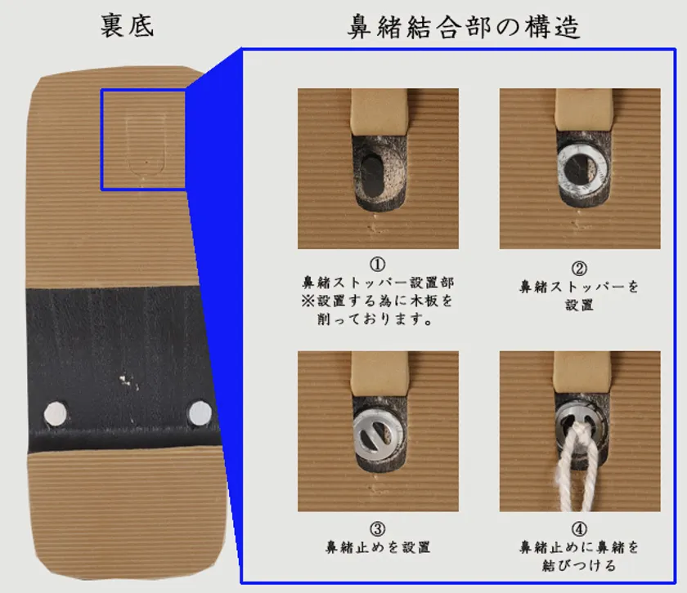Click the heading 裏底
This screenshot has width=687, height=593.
127,25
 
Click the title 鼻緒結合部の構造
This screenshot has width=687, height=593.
464,27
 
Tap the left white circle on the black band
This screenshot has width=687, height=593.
56,413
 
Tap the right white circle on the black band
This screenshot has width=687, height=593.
200,412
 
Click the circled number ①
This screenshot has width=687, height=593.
378,264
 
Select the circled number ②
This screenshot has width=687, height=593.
579,268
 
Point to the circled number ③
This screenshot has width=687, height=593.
378,528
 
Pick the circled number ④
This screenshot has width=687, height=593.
579,528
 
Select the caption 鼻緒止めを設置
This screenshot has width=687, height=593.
378,547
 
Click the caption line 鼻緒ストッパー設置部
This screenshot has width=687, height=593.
378,283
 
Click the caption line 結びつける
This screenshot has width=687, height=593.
579,565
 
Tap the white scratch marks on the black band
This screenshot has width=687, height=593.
128,381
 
